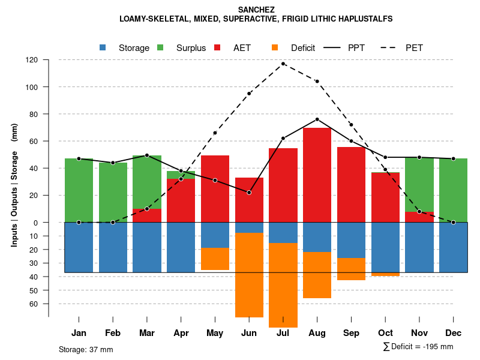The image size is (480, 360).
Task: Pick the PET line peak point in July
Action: pyautogui.click(x=283, y=64)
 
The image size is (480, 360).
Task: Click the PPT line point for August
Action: pyautogui.click(x=317, y=119)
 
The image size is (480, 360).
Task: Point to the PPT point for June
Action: pyautogui.click(x=249, y=192)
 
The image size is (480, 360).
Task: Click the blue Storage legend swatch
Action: pyautogui.click(x=103, y=47)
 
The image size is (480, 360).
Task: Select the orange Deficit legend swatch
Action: pyautogui.click(x=275, y=47)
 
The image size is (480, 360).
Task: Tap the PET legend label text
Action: pyautogui.click(x=414, y=48)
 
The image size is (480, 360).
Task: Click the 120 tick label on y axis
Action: pyautogui.click(x=32, y=60)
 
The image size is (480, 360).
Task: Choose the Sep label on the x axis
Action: pyautogui.click(x=351, y=333)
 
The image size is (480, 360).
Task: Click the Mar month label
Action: pyautogui.click(x=147, y=333)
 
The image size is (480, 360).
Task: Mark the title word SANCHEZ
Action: pyautogui.click(x=256, y=10)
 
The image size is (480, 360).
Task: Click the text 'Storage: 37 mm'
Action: pyautogui.click(x=86, y=349)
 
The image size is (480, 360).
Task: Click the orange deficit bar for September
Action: pyautogui.click(x=351, y=269)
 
